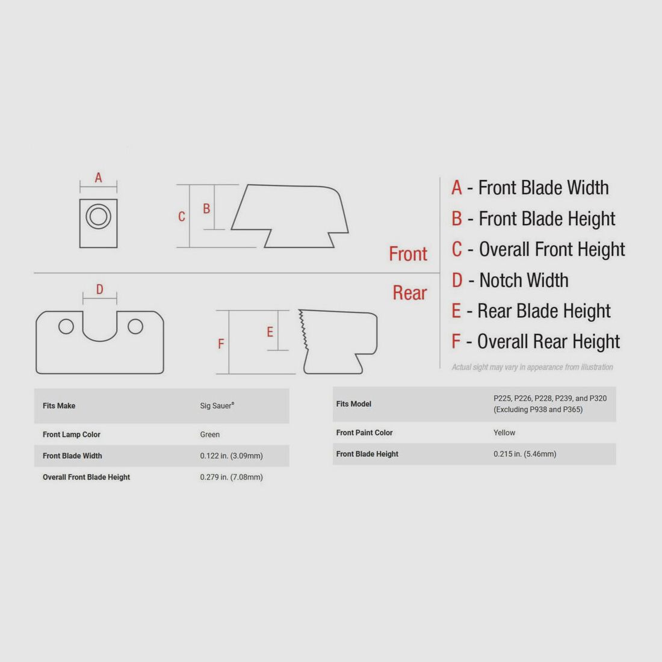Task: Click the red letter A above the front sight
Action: (x=98, y=178)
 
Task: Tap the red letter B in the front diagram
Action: (x=206, y=209)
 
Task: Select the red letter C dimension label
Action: (x=182, y=217)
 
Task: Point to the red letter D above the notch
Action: (x=100, y=289)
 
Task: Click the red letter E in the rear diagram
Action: (x=270, y=332)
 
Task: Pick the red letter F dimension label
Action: (x=221, y=344)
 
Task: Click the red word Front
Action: (x=408, y=254)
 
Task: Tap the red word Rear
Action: (x=409, y=293)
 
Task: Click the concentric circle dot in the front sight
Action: (x=98, y=217)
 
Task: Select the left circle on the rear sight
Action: (x=66, y=326)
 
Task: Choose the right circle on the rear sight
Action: (x=135, y=326)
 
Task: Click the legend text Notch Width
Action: (x=524, y=280)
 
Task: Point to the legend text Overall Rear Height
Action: (x=548, y=342)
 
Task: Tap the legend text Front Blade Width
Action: (x=543, y=188)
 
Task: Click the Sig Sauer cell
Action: (x=217, y=406)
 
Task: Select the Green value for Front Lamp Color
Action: (x=210, y=435)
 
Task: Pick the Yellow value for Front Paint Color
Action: (x=504, y=433)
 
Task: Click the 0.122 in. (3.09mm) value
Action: (x=231, y=456)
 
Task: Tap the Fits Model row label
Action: (x=354, y=404)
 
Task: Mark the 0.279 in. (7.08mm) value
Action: (x=231, y=477)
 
